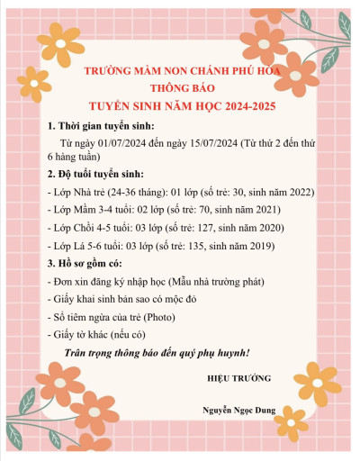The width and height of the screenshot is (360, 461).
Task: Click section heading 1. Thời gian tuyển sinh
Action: pos(101,125)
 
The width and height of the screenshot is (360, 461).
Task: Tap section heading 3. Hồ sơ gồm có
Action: pos(86,263)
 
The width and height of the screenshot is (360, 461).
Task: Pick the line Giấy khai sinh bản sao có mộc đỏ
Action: pos(130,300)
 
